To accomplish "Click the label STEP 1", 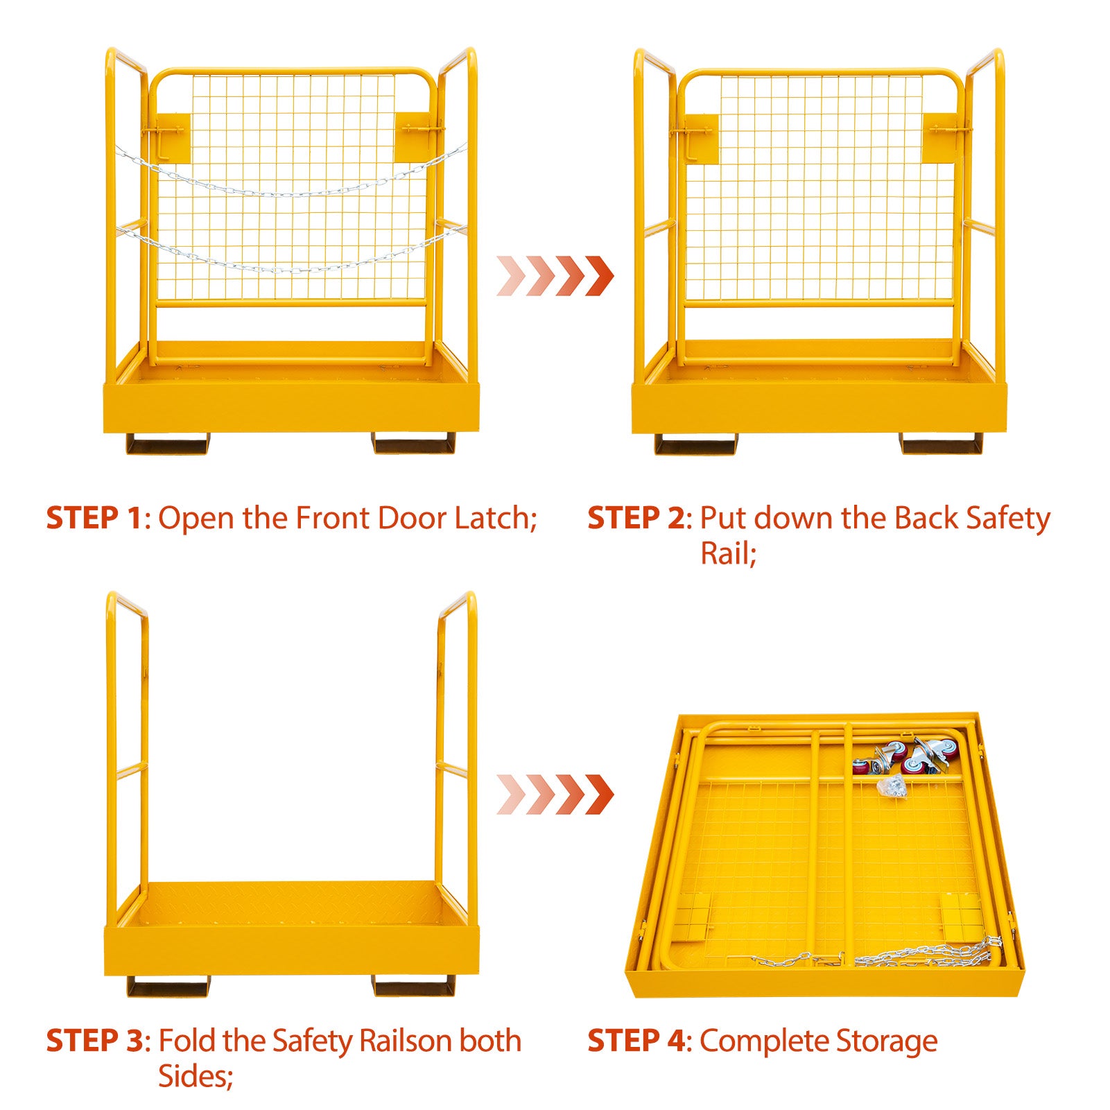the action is point(94,518).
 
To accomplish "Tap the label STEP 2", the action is point(636,518).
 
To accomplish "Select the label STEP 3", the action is point(94,1041).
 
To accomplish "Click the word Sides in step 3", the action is point(192,1076).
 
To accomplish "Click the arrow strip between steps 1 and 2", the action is point(555,275).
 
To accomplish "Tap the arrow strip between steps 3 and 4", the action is point(555,795).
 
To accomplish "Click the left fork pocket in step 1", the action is point(167,444).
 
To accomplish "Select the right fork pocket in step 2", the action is point(942,444).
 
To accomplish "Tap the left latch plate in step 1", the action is point(171,137).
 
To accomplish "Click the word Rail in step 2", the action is point(727,553).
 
